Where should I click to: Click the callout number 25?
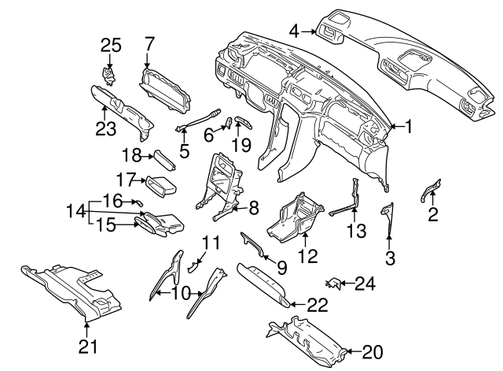(110, 46)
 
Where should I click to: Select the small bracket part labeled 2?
(430, 190)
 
